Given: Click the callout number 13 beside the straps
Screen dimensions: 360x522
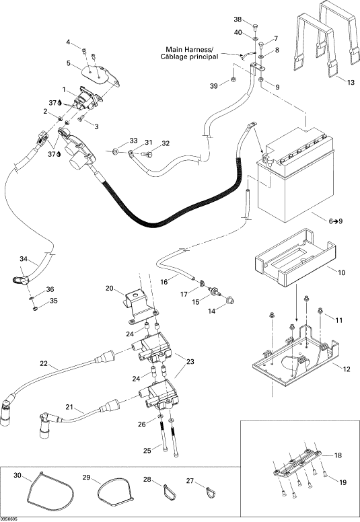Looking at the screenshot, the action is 351,83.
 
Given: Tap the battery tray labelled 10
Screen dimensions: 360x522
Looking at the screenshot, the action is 295,257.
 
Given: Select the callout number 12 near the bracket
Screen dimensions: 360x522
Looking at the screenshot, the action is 347,369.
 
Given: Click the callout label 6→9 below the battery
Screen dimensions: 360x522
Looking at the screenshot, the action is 335,221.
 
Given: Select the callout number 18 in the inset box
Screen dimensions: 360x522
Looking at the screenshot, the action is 338,455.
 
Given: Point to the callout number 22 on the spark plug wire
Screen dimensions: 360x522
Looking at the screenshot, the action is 44,363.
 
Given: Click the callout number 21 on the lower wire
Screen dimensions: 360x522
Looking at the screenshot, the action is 69,407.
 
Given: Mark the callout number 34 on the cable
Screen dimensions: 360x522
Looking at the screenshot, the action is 24,259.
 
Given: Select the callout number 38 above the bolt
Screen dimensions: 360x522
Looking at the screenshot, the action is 238,20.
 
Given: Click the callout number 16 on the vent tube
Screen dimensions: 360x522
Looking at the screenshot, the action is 164,282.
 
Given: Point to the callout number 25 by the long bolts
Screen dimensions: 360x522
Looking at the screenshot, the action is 147,451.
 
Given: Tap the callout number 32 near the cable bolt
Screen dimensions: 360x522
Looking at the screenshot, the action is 166,143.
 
